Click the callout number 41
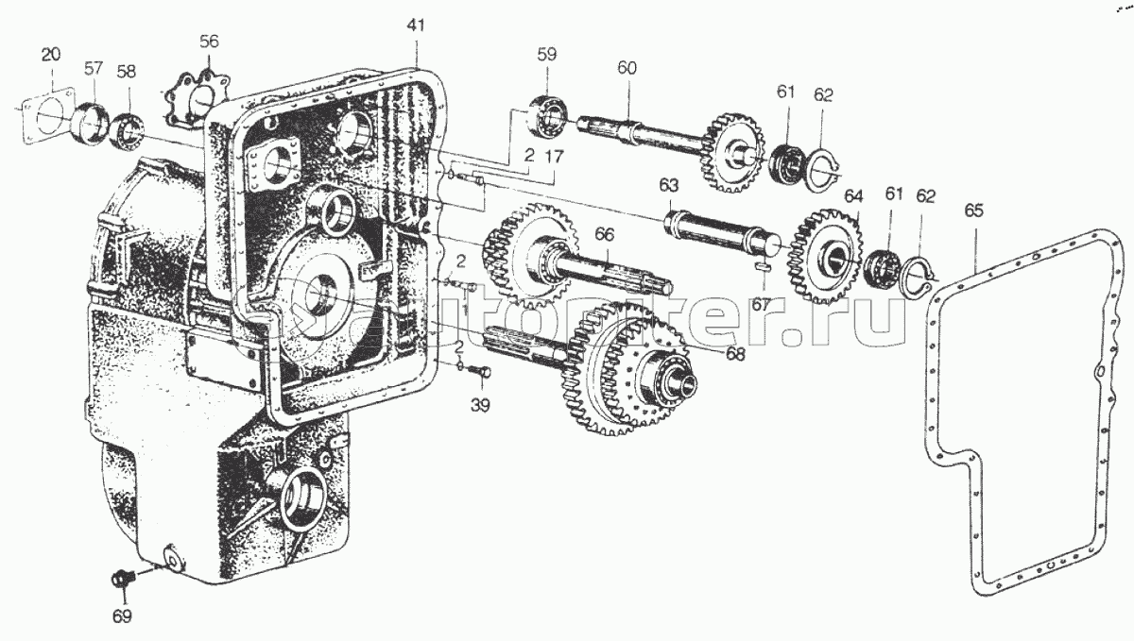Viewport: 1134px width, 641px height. tap(417, 25)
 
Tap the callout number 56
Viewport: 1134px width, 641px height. tap(209, 41)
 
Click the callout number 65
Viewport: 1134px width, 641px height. tap(974, 211)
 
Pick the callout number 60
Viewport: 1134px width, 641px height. tap(627, 68)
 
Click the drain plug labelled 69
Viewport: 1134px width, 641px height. tap(120, 577)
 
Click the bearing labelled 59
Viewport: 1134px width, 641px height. tap(547, 112)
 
